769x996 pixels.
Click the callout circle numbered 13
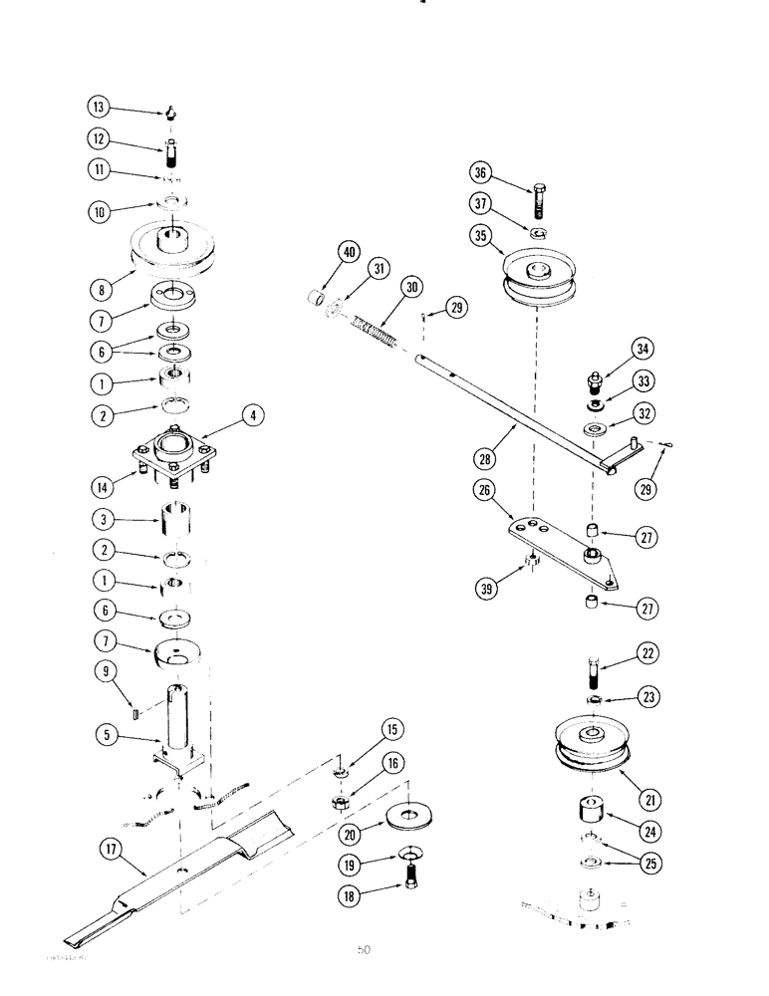[x=100, y=108]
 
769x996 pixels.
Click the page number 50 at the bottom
[x=364, y=949]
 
